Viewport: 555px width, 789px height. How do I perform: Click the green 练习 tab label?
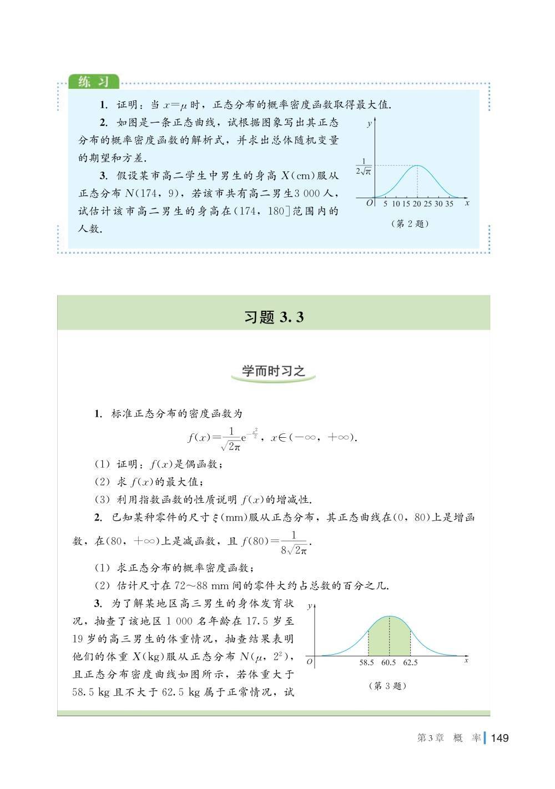(x=93, y=82)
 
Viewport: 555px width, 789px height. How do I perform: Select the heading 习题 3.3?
(x=274, y=317)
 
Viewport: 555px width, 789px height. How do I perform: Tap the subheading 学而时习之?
(x=274, y=371)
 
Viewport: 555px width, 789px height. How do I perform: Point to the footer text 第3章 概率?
(x=448, y=738)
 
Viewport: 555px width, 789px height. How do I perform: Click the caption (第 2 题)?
(x=410, y=224)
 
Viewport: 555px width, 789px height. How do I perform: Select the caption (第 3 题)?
(x=387, y=686)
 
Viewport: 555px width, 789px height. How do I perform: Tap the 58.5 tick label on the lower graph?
(x=367, y=662)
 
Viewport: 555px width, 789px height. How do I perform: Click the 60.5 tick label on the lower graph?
(x=389, y=662)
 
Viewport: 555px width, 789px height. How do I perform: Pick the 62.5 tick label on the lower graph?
(x=410, y=662)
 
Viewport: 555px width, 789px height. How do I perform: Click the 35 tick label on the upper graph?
(x=449, y=204)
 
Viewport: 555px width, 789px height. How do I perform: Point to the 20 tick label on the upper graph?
(x=417, y=204)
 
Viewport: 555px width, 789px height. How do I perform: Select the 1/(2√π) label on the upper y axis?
(x=364, y=166)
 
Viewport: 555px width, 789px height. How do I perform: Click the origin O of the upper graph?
(x=370, y=203)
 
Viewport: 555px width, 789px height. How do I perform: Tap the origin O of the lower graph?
(x=309, y=662)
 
